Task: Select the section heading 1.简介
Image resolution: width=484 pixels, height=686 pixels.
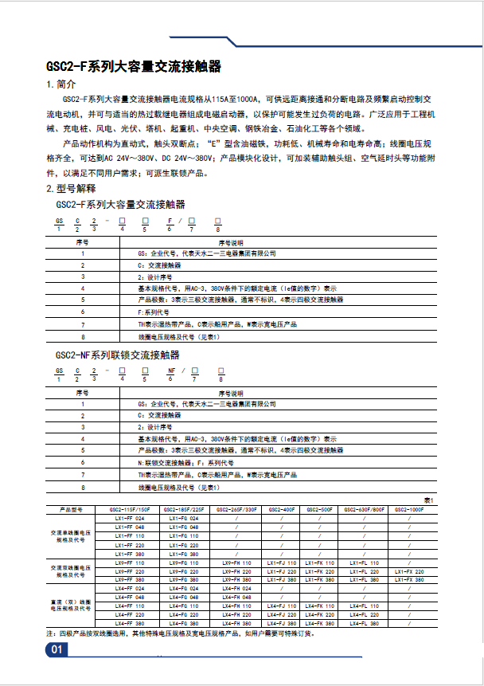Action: point(62,84)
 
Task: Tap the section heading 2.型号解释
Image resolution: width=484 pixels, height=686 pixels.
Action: point(71,189)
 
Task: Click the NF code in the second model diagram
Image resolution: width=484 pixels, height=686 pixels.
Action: point(170,370)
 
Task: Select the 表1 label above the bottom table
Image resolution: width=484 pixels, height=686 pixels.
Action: point(427,499)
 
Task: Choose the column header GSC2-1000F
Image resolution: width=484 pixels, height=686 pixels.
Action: point(411,508)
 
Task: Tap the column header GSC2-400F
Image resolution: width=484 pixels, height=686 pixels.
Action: point(281,508)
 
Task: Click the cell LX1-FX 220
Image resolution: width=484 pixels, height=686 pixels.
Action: point(411,571)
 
